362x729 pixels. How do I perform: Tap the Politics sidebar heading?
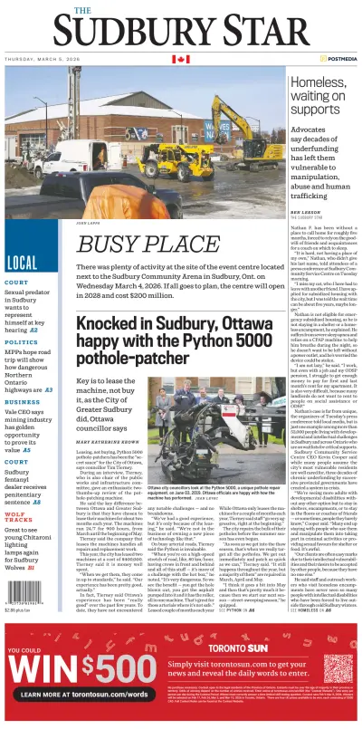(x=20, y=342)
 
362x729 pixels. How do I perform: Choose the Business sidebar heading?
(x=21, y=399)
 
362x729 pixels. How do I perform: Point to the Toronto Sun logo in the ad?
(x=281, y=647)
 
